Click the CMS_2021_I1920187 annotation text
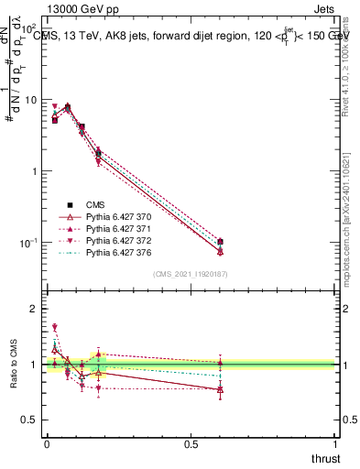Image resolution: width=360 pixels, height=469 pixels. pyautogui.click(x=190, y=274)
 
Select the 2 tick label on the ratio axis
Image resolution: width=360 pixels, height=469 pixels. pyautogui.click(x=34, y=309)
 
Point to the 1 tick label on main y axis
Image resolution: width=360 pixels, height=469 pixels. pyautogui.click(x=34, y=171)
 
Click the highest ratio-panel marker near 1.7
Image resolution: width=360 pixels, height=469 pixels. pyautogui.click(x=55, y=327)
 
